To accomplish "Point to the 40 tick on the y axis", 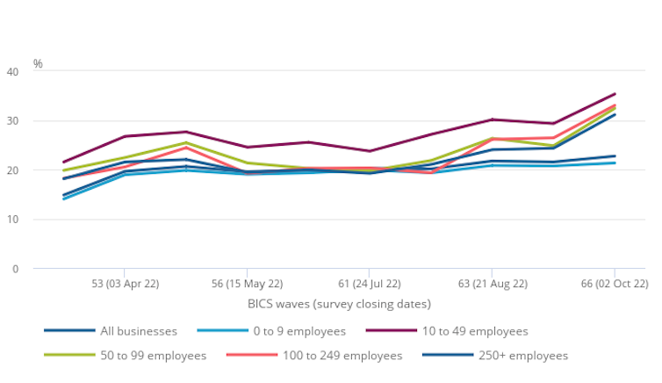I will tap(12, 71).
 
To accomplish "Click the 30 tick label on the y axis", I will tap(12, 120).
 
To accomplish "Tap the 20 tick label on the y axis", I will tap(12, 170).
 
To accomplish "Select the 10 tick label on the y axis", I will tap(12, 219).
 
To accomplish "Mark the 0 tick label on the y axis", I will tap(15, 269).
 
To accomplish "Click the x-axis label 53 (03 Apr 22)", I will tap(124, 285).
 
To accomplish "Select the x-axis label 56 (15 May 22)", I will tap(247, 285).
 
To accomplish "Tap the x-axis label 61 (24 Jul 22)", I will tap(369, 285).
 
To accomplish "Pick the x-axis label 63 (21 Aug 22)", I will tap(493, 285).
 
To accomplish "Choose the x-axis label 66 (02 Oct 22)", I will tap(615, 285).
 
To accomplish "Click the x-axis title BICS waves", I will tap(339, 304).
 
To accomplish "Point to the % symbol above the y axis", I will tap(38, 63).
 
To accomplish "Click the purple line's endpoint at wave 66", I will tap(615, 93).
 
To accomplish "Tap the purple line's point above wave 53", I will tap(124, 136).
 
